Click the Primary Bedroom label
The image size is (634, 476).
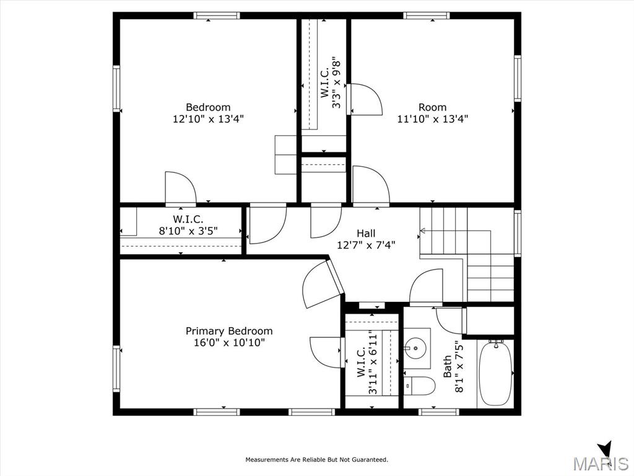point(229,331)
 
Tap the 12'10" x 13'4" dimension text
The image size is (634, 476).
point(208,119)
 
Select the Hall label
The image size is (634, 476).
point(366,233)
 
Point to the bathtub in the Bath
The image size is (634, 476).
point(496,372)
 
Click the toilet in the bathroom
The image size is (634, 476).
point(419,386)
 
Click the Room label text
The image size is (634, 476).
point(432,107)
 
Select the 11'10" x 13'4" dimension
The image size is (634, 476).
point(432,119)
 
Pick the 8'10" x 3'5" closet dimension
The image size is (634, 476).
point(188,231)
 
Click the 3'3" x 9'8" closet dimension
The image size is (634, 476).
point(336,84)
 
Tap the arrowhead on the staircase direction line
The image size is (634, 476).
point(422,231)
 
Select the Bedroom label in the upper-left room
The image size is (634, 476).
point(208,107)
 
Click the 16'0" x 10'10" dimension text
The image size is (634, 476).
point(229,343)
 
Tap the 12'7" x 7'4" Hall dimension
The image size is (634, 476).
point(366,245)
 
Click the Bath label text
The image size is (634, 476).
point(447,367)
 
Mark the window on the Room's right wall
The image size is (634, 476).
point(517,78)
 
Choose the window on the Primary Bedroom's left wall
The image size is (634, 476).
point(116,369)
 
